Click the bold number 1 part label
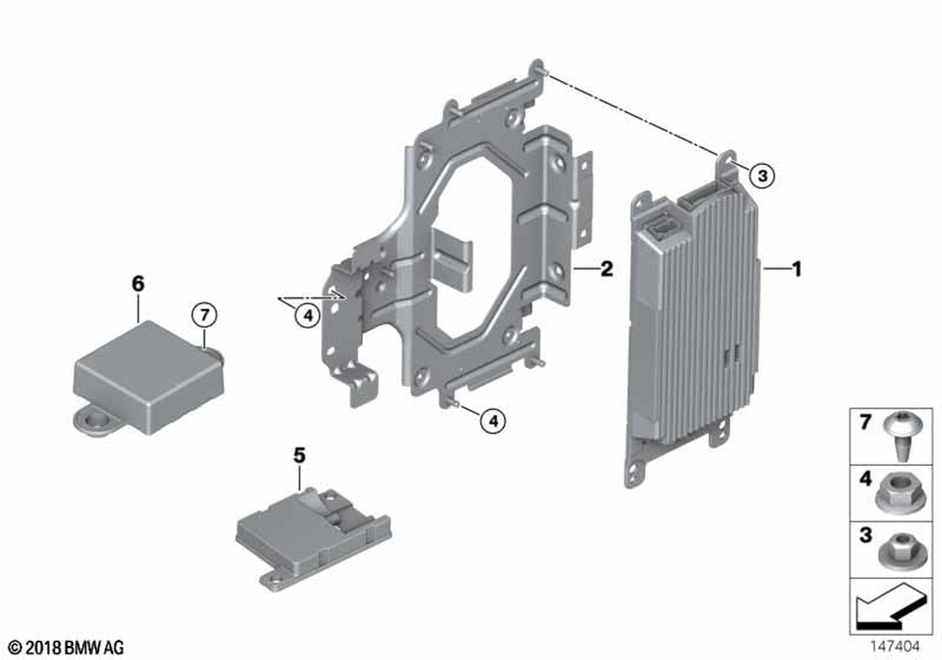[x=797, y=269]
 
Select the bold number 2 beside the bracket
[x=607, y=269]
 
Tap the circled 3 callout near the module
[x=762, y=176]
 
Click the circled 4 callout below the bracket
[x=494, y=421]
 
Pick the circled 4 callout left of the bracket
[x=308, y=315]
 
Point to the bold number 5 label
[x=300, y=455]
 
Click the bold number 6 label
[x=138, y=283]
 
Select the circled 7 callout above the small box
[x=204, y=314]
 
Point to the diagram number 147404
[x=895, y=647]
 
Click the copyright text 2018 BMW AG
[x=67, y=648]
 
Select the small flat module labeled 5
[x=313, y=533]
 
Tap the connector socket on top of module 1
[x=661, y=227]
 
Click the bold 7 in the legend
[x=865, y=422]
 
